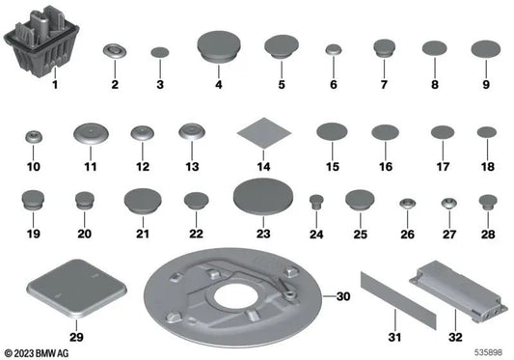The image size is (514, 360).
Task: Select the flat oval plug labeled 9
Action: [486, 48]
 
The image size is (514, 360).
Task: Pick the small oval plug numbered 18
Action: [486, 132]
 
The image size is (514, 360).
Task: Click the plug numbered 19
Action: [32, 200]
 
